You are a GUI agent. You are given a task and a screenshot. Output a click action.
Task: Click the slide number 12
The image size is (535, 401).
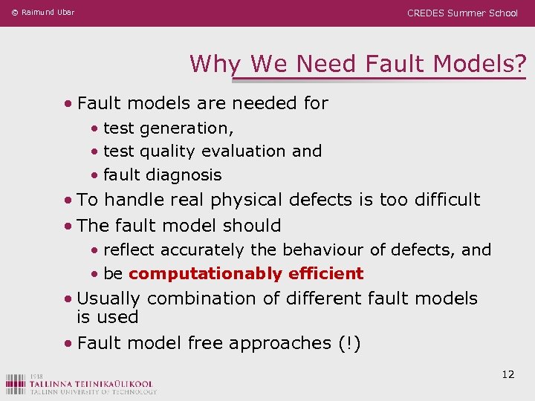coord(508,374)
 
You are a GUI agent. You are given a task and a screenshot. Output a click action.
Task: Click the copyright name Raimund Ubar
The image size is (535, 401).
coord(48,13)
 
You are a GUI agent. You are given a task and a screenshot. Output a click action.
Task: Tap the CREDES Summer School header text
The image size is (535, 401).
coord(462,13)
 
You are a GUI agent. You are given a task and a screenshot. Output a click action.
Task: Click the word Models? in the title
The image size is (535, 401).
coord(482,64)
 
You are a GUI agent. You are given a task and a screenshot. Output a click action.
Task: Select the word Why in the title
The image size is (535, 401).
coord(216,64)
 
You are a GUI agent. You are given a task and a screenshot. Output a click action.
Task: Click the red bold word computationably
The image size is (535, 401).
coord(204,274)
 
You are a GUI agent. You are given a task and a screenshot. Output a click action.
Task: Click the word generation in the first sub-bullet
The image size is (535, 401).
coord(187,128)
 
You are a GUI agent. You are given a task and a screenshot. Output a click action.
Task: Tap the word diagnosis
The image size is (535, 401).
coord(187,175)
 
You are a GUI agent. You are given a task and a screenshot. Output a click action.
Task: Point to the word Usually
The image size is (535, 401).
coord(109,299)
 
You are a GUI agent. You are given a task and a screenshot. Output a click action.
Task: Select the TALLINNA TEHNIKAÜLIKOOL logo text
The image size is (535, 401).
coord(92,383)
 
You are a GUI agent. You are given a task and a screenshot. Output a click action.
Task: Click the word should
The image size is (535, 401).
coord(255,226)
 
